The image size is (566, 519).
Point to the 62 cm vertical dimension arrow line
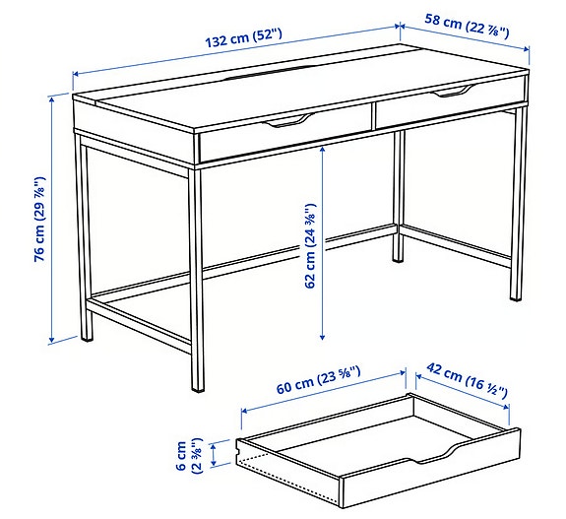(x=323, y=241)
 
